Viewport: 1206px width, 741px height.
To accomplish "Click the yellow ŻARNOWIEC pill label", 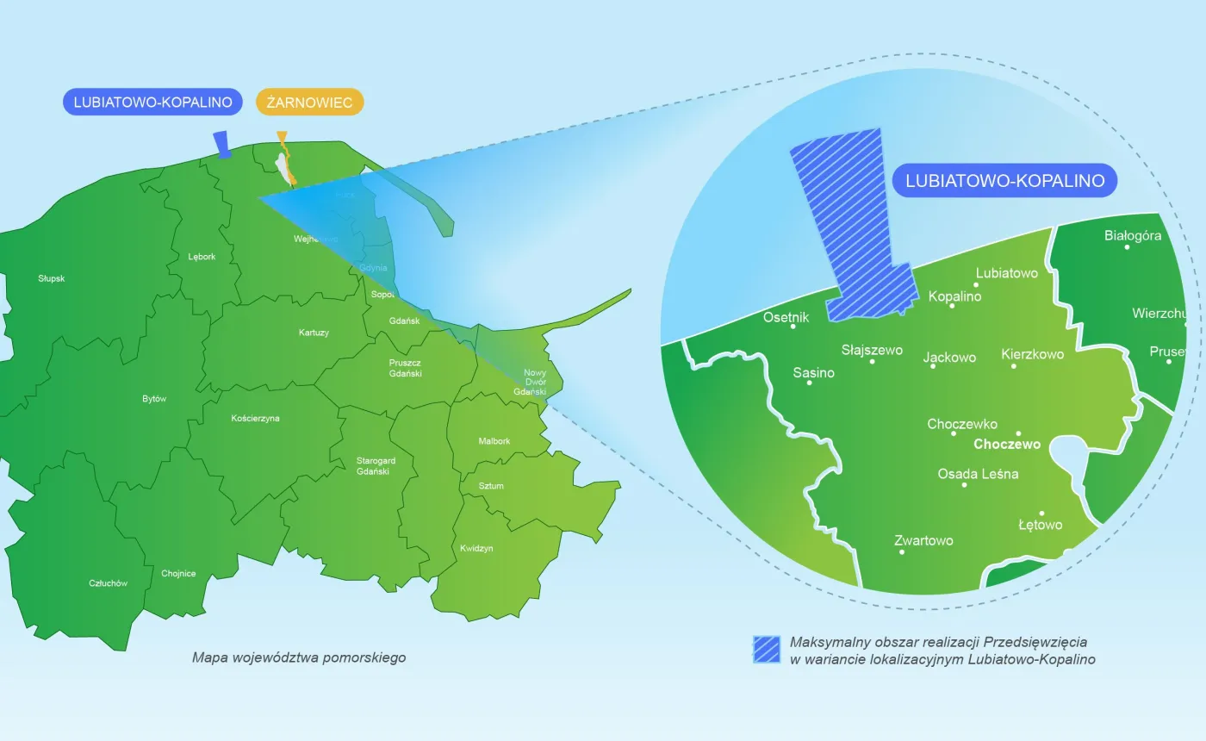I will coord(310,103).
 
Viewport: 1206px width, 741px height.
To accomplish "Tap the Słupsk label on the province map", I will coord(52,278).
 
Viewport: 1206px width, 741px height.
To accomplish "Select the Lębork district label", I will coord(202,257).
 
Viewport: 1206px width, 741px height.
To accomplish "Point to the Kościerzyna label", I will coord(256,419).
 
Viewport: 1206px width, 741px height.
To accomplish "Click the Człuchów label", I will coord(109,583).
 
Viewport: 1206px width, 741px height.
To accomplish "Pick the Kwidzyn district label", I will coord(476,548).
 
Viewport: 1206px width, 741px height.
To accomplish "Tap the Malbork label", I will coord(494,441).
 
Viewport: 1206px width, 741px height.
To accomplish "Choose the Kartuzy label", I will coord(314,333).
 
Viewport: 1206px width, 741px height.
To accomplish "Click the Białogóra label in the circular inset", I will coord(1133,235).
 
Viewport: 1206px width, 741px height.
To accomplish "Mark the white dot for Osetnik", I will coord(793,327).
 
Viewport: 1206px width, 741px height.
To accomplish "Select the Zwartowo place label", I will coord(923,540).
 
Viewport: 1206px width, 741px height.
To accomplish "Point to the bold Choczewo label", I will coord(1006,445).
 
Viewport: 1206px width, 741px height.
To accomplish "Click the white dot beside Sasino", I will coord(809,383).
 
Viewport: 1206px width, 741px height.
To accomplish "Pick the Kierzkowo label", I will coord(1032,354).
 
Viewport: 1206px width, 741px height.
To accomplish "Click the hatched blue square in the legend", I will coord(766,650).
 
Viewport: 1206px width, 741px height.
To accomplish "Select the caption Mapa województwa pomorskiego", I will coord(299,657).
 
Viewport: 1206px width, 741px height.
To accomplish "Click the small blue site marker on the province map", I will coord(223,145).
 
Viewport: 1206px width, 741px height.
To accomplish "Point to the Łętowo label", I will coord(1040,525).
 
